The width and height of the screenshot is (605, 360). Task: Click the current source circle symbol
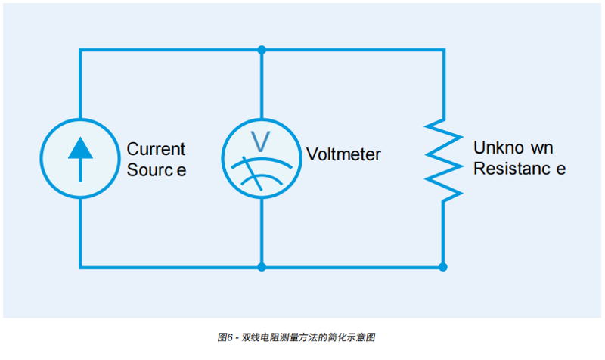click(x=79, y=158)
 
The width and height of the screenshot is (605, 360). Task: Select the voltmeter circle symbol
click(x=262, y=158)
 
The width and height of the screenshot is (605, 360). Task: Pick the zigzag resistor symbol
click(x=443, y=158)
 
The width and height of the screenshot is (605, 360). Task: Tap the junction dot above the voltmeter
click(x=262, y=50)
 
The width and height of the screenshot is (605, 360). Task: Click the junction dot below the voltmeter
click(x=262, y=267)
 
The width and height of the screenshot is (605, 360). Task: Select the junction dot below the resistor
click(x=443, y=267)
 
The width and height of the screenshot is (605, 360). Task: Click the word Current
click(x=156, y=149)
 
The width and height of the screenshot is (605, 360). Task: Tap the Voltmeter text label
click(x=343, y=155)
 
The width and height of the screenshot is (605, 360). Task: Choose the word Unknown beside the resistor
click(x=513, y=147)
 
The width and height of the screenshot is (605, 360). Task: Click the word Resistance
click(x=519, y=169)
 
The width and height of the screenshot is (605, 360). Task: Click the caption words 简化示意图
click(x=366, y=337)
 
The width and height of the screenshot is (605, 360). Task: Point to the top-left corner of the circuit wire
click(x=79, y=50)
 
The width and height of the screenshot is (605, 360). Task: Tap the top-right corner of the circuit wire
click(x=443, y=50)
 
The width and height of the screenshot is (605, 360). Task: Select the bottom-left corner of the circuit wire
click(x=79, y=267)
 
